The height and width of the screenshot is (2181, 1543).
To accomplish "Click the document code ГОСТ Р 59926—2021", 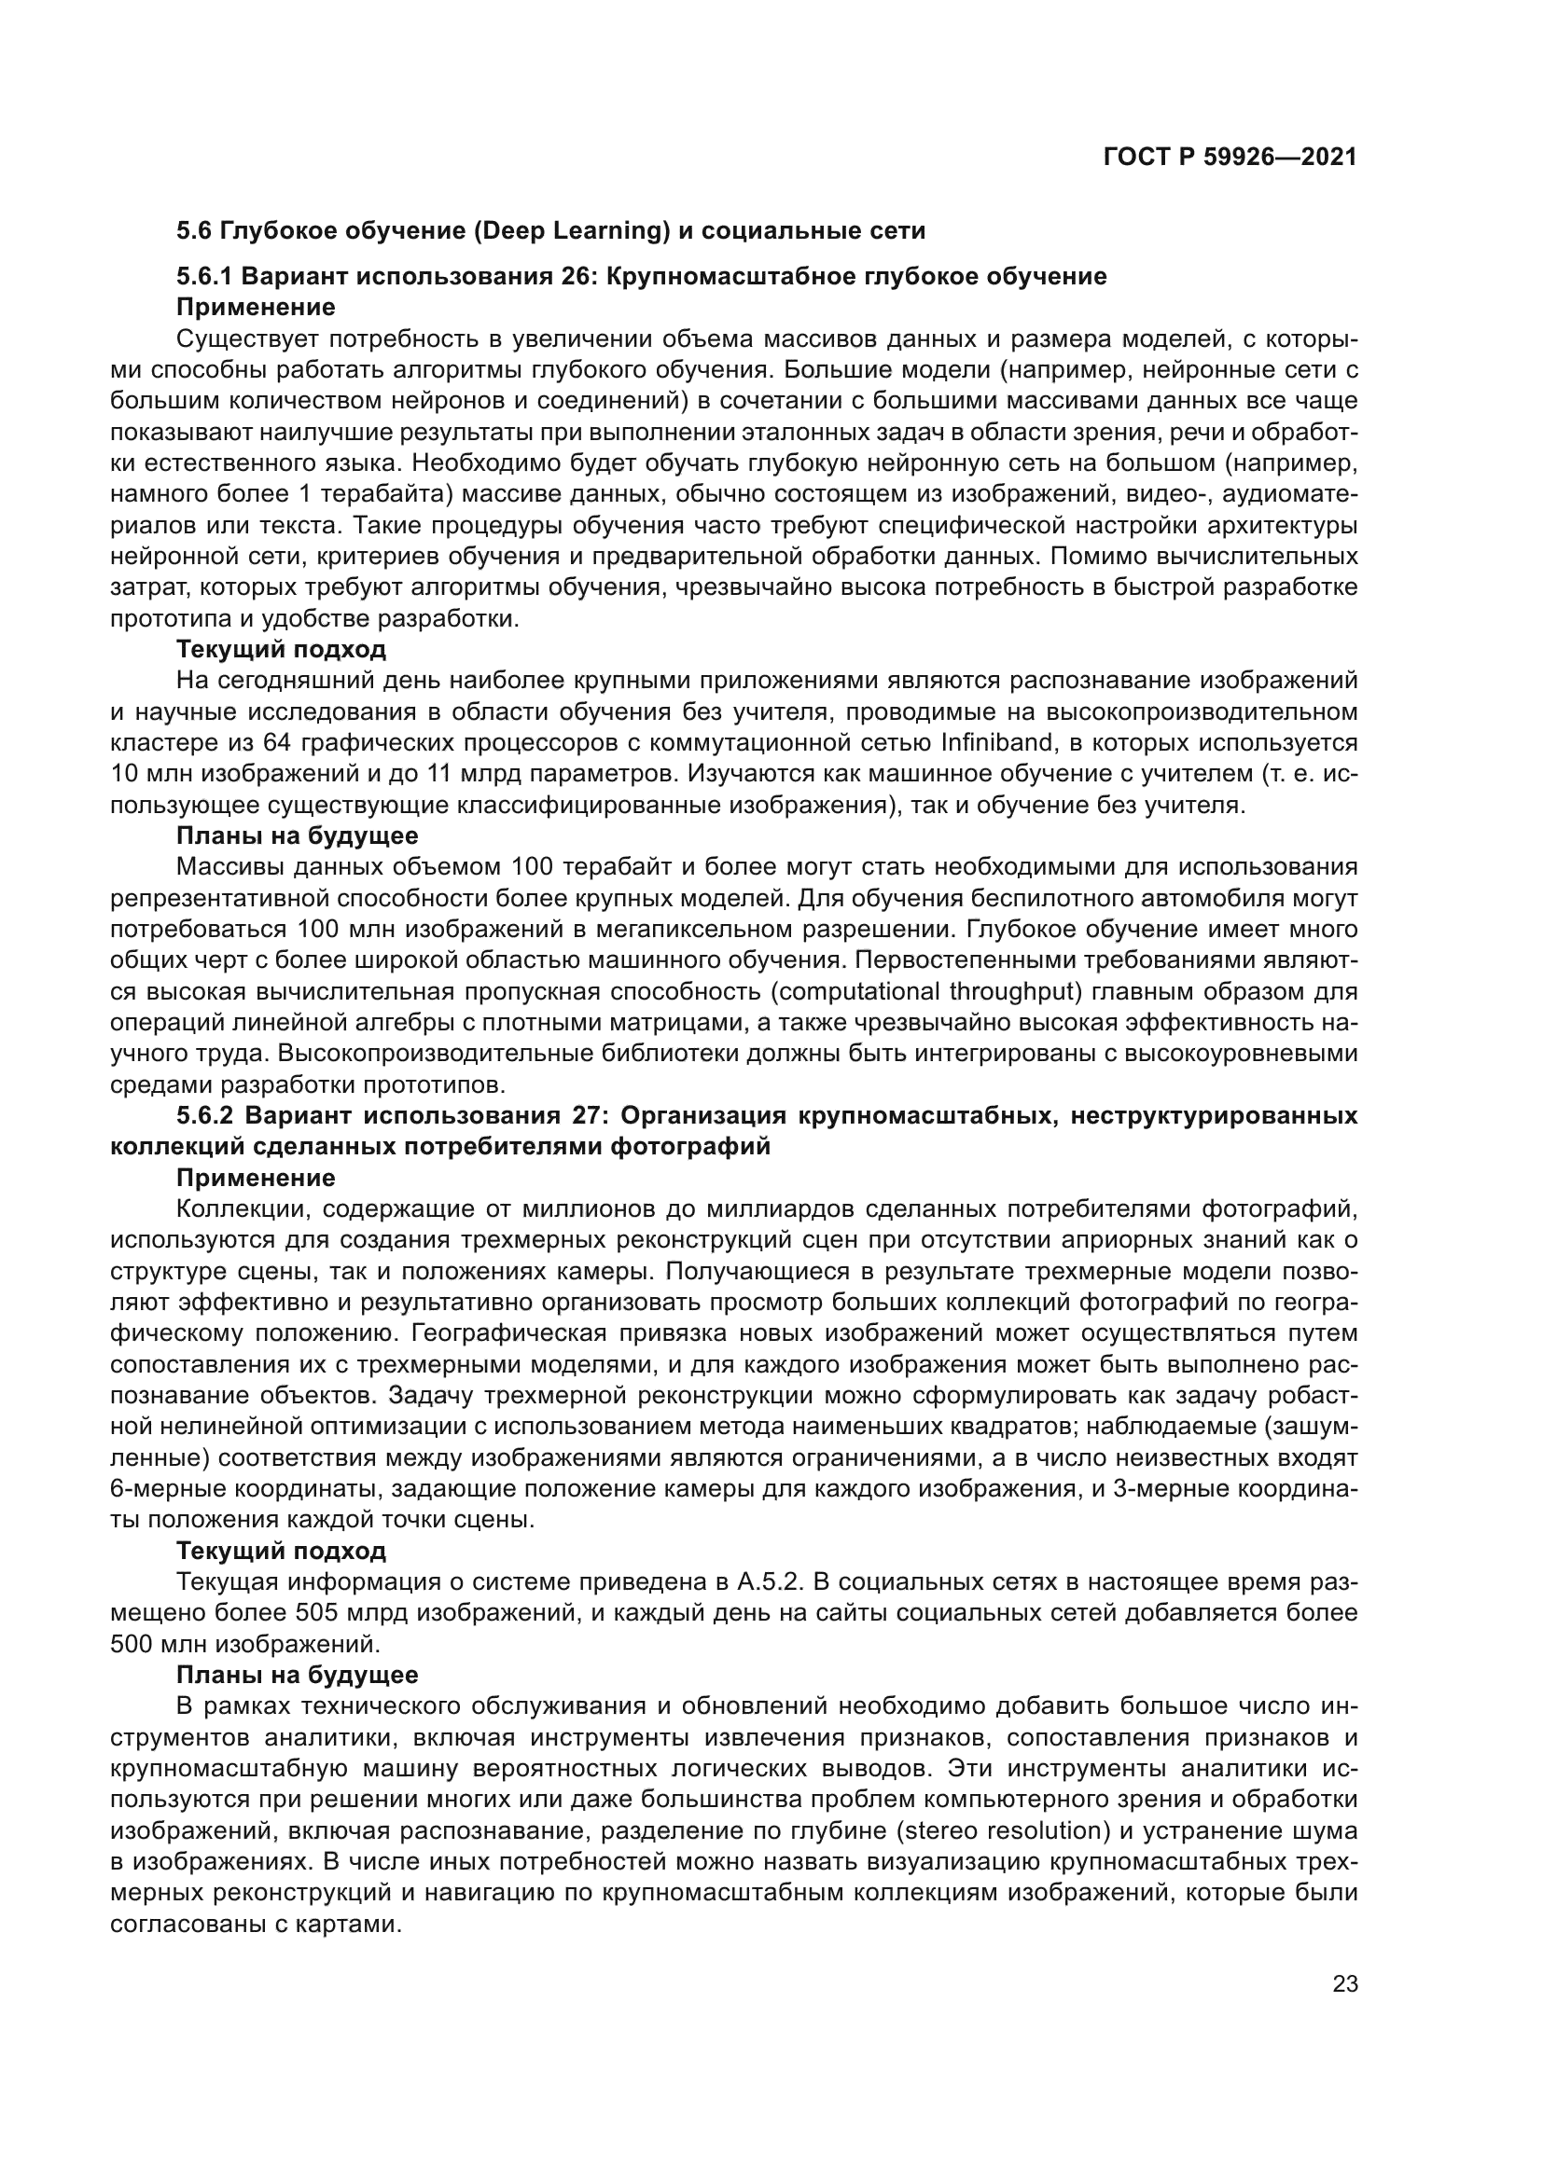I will click(1230, 157).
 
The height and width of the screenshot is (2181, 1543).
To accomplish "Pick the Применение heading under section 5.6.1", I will click(256, 308).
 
